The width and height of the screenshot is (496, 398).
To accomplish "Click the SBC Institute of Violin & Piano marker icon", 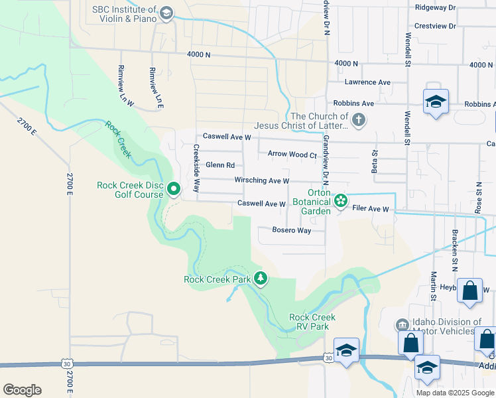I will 166,13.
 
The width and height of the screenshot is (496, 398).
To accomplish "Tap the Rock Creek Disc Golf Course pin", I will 174,190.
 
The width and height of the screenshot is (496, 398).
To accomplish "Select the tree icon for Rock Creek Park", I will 261,279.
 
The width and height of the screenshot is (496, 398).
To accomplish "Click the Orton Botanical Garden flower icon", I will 341,200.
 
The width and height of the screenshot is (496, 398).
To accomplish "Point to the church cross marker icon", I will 358,120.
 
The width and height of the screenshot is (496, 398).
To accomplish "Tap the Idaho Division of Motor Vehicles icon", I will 402,326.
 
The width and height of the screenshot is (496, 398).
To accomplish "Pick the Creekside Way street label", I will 196,168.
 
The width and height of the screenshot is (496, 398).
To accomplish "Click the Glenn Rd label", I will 220,165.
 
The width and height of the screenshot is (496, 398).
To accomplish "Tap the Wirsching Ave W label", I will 262,180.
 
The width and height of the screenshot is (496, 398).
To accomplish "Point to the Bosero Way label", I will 292,230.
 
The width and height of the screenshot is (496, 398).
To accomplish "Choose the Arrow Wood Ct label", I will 292,154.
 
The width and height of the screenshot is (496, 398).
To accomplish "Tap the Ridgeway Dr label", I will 435,7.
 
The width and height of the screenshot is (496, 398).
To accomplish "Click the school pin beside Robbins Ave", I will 436,102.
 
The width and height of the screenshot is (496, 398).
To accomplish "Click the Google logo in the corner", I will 22,390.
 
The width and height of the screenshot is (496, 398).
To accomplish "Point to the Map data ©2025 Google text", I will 454,393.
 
